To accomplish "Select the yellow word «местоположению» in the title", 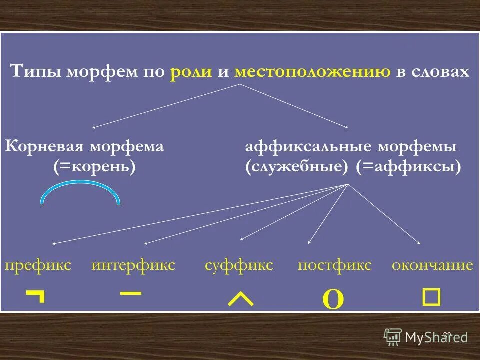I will [312, 72].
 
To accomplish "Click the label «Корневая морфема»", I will [84, 147].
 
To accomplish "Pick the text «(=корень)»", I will [95, 166].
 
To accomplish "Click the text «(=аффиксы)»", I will [408, 166].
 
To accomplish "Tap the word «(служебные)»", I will [297, 166].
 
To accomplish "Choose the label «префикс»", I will [38, 265].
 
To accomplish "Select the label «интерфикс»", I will [133, 265].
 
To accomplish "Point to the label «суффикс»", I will [239, 265].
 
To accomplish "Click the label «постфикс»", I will [334, 265].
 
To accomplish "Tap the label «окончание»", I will [432, 265].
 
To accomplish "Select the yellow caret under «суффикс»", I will [240, 299].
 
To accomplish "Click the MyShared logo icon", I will [393, 337].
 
